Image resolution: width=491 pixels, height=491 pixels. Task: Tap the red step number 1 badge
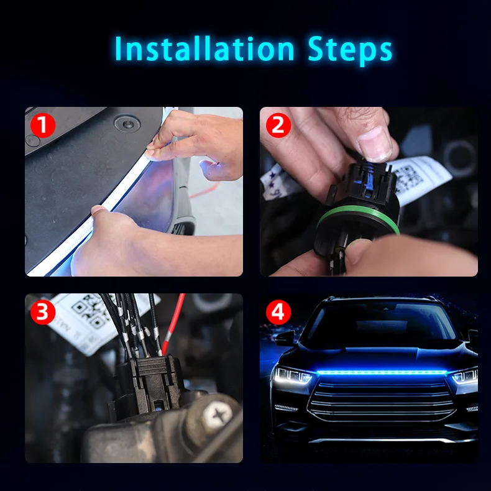point(43,126)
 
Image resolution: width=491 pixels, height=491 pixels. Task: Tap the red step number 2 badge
point(278,126)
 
